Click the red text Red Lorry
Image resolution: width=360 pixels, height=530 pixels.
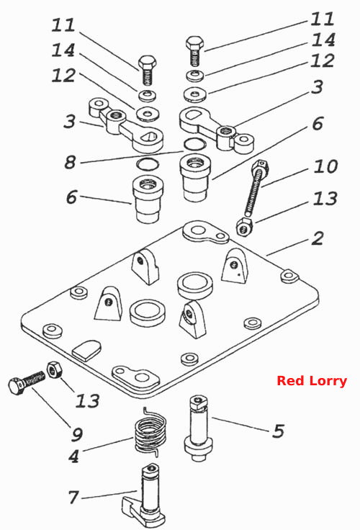pyautogui.click(x=312, y=381)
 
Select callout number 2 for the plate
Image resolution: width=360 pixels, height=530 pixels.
pyautogui.click(x=318, y=238)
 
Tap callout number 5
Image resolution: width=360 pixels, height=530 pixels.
pyautogui.click(x=279, y=431)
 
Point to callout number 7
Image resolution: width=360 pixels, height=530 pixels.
pyautogui.click(x=74, y=497)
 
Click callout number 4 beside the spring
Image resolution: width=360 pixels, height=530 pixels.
pyautogui.click(x=74, y=457)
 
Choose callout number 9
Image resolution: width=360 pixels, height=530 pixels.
pyautogui.click(x=77, y=434)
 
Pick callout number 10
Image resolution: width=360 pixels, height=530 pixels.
pyautogui.click(x=325, y=166)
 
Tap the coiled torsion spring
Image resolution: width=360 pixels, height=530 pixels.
pyautogui.click(x=150, y=431)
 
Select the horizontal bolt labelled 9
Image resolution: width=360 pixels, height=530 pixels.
pyautogui.click(x=27, y=383)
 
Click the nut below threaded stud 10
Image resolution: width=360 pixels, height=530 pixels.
pyautogui.click(x=244, y=227)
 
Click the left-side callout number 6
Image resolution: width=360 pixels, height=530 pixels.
pyautogui.click(x=71, y=197)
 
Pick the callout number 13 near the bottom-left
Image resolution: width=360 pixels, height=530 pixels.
pyautogui.click(x=88, y=400)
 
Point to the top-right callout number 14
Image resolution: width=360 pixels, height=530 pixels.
pyautogui.click(x=323, y=40)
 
